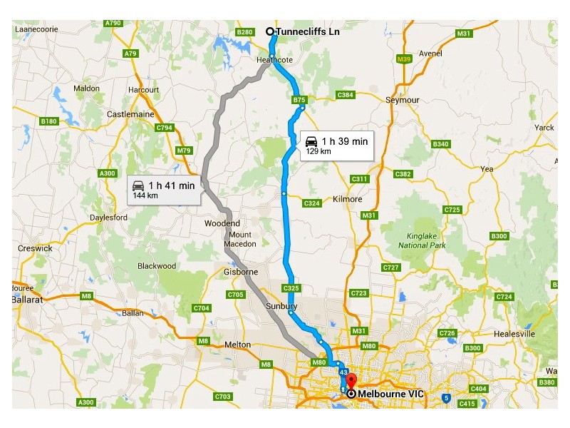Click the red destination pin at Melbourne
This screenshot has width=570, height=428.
[x=351, y=382]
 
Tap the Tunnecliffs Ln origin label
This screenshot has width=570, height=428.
[x=307, y=31]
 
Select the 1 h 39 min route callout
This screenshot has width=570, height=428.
[x=336, y=145]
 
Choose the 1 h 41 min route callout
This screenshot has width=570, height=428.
[x=163, y=189]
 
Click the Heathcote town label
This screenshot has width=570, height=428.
[x=274, y=61]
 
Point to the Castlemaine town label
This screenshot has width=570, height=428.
[x=130, y=114]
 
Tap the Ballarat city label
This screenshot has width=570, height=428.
[x=28, y=300]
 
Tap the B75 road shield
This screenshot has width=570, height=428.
[x=299, y=101]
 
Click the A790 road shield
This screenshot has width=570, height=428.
[x=113, y=24]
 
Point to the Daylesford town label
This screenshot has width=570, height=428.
[x=108, y=218]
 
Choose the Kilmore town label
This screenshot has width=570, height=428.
[x=348, y=199]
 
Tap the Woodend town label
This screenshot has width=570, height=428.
[x=222, y=223]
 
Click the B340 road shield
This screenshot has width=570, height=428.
[x=441, y=144]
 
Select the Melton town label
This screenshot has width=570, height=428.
[x=237, y=345]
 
